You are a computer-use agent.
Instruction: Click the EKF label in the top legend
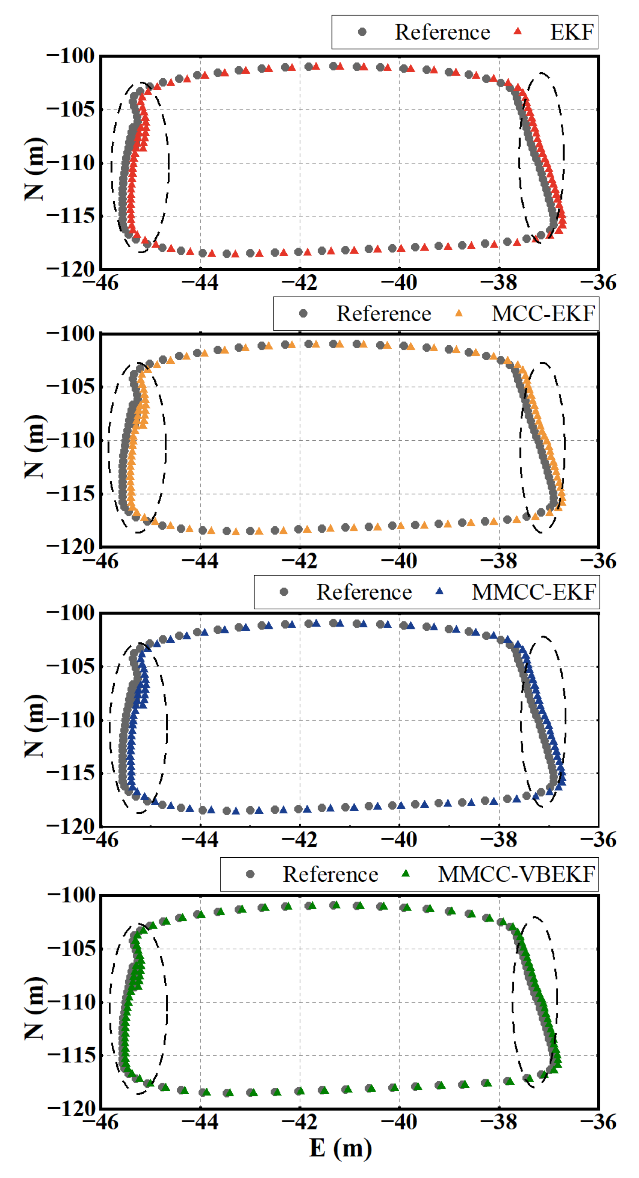click(x=571, y=32)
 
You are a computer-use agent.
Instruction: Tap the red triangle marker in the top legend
click(x=518, y=31)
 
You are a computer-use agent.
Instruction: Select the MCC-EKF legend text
click(x=543, y=314)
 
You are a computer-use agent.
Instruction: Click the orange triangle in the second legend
click(x=459, y=313)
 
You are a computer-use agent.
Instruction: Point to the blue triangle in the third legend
click(x=439, y=591)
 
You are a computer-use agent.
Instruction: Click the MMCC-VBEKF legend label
click(x=516, y=874)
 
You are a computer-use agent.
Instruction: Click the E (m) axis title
click(x=341, y=1148)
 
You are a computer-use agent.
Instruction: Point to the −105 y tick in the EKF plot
click(x=71, y=109)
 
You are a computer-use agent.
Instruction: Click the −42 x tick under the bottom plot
click(x=300, y=1122)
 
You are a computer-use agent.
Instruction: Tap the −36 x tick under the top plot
click(x=598, y=282)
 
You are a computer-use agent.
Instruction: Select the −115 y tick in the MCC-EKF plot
click(x=71, y=494)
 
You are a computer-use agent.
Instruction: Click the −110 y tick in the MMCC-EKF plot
click(x=71, y=720)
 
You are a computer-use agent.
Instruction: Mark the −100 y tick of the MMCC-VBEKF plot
click(x=71, y=896)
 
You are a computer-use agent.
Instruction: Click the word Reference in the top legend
click(x=442, y=32)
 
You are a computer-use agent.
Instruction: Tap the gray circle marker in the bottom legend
click(x=250, y=874)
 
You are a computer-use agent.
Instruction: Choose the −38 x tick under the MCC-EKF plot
click(x=498, y=561)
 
